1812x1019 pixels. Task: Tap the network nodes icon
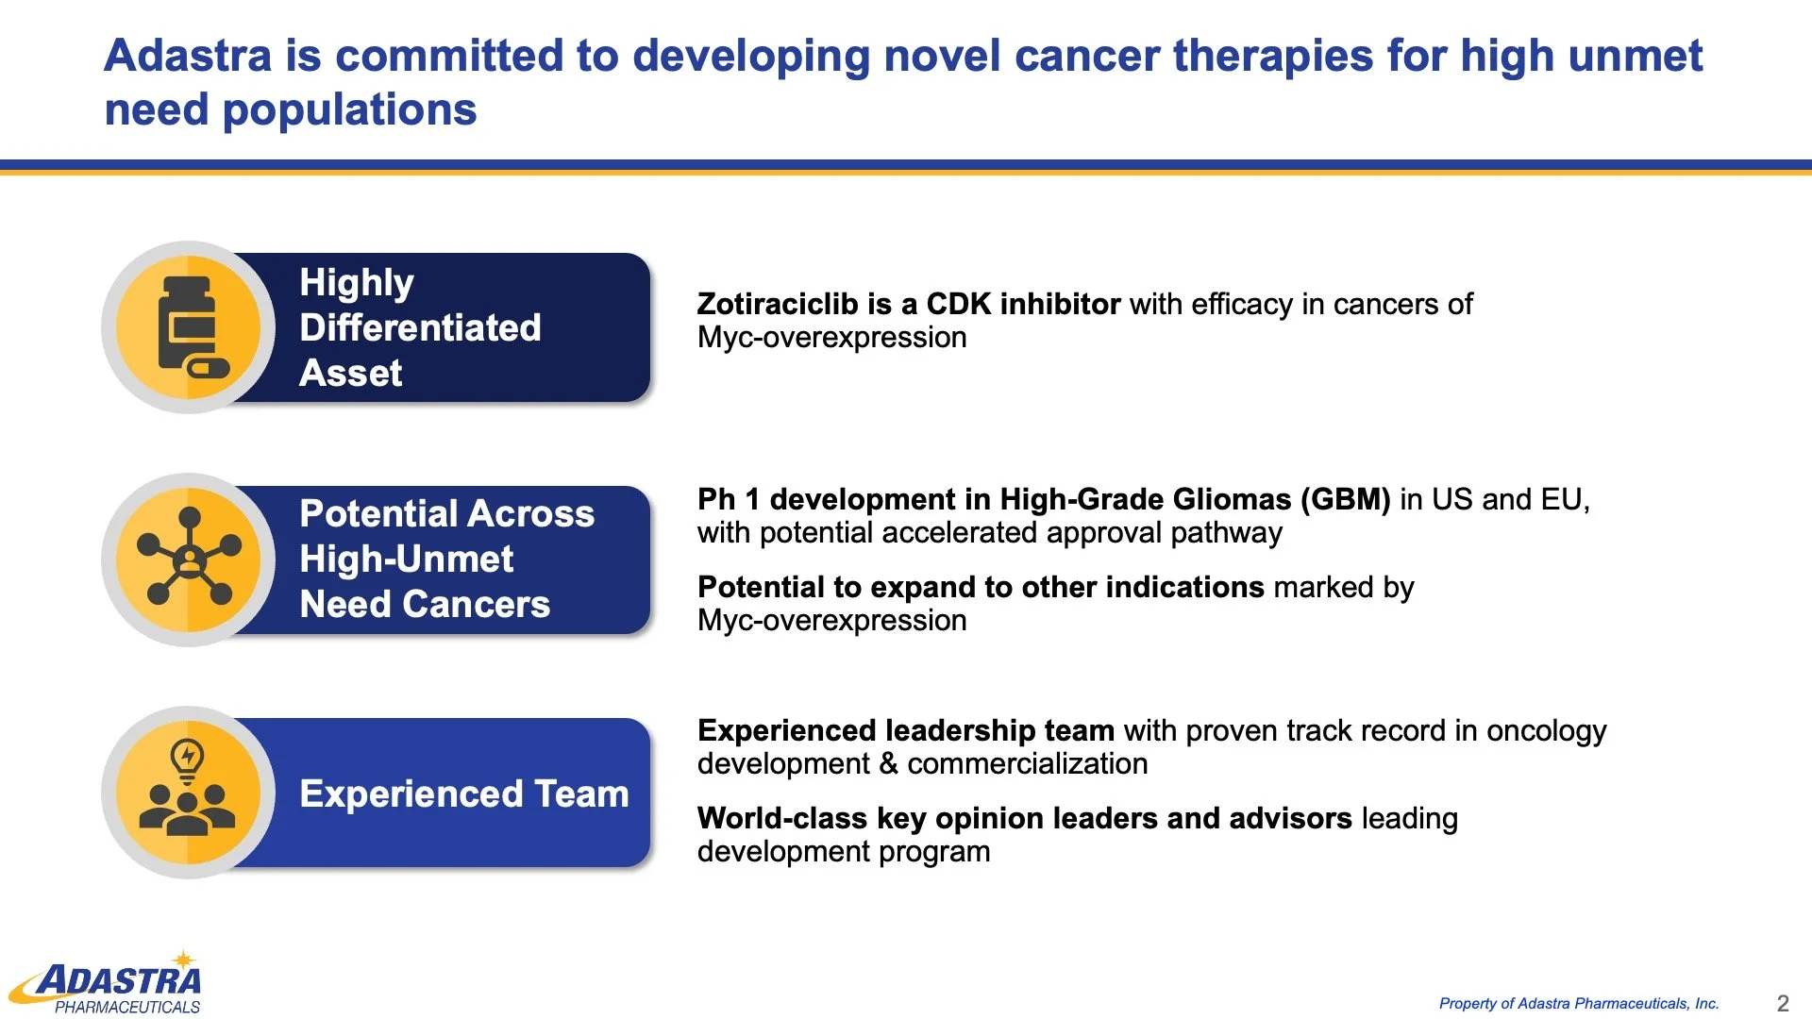[x=189, y=557]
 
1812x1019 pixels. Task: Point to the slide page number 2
[x=1783, y=1003]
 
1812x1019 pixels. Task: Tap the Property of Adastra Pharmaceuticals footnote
[x=1579, y=1004]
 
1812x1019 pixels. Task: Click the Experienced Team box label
[x=464, y=793]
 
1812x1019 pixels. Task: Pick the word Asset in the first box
[x=351, y=374]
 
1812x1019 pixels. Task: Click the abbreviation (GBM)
[x=1345, y=499]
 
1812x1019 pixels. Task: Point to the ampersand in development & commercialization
[x=888, y=763]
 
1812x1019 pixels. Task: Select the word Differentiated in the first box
[x=420, y=328]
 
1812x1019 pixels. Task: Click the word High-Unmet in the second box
[x=407, y=560]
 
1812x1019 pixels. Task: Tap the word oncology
[x=1547, y=732]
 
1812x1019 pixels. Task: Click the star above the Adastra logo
[x=184, y=960]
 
